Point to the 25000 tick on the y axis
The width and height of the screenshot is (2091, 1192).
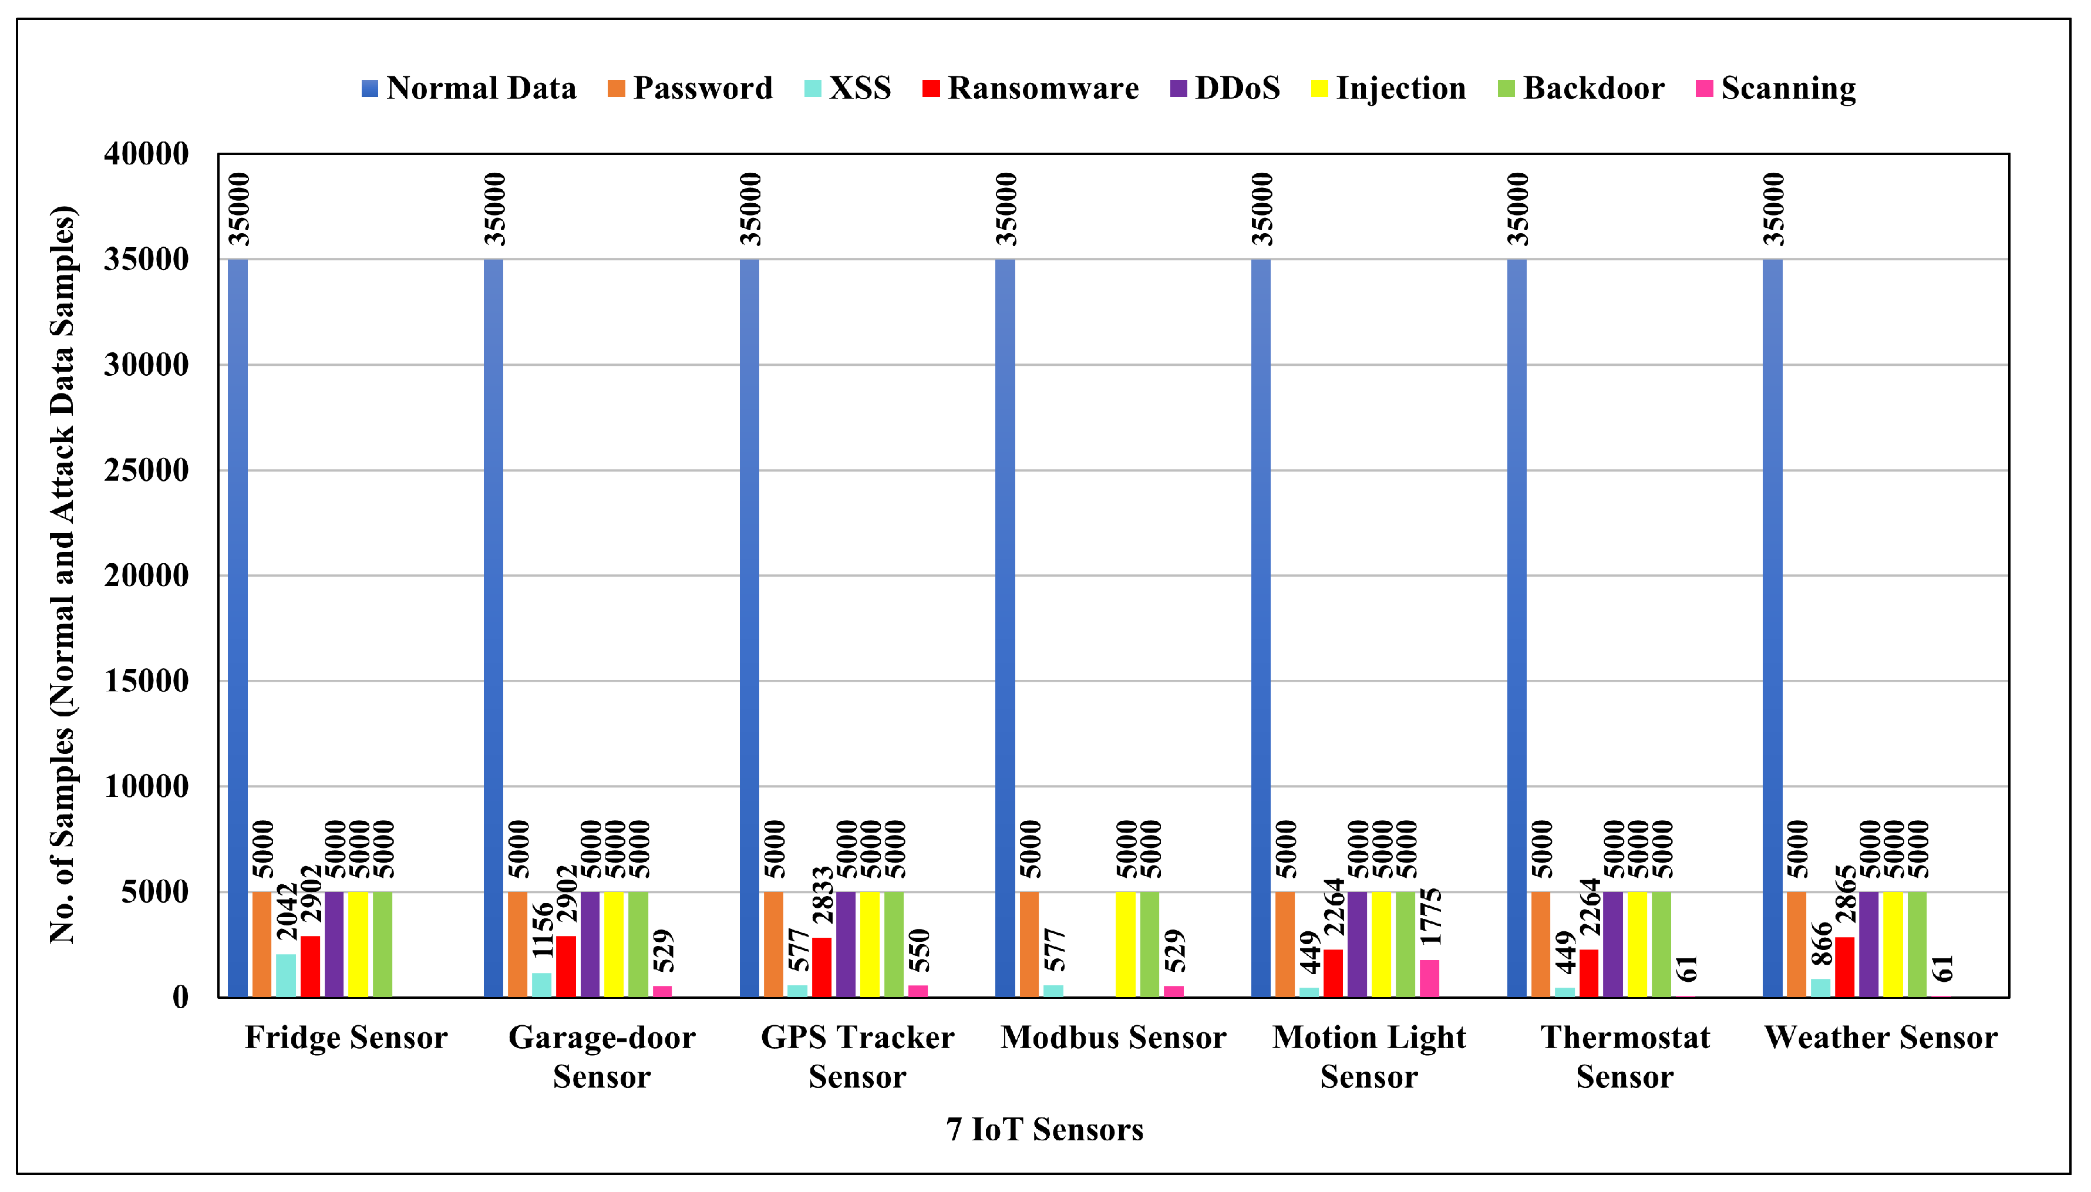click(146, 471)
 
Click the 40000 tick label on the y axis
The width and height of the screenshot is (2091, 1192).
click(146, 154)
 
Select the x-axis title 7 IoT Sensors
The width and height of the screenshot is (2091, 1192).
click(1045, 1130)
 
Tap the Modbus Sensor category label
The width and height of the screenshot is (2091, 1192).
click(1113, 1038)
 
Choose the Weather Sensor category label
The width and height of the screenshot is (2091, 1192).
click(1880, 1038)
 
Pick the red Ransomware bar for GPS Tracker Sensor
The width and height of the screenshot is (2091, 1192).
click(822, 967)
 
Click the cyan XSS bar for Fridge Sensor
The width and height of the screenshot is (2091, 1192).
click(286, 975)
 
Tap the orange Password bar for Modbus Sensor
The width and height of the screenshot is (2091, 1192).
click(1029, 944)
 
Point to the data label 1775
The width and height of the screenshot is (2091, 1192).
click(1430, 917)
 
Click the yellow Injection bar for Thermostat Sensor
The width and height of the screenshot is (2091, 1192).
click(1637, 944)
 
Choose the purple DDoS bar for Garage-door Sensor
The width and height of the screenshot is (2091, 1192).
click(590, 944)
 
